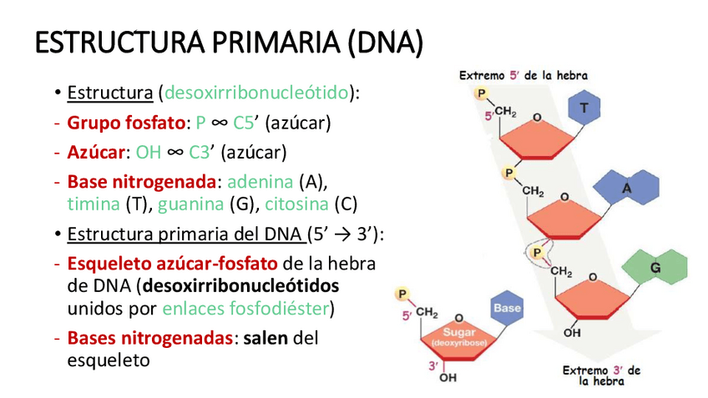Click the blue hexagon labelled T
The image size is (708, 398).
click(x=584, y=108)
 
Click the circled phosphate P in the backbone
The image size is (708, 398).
click(x=539, y=251)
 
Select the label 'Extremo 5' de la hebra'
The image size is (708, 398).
click(x=523, y=75)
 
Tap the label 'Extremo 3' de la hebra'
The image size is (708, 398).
click(x=601, y=375)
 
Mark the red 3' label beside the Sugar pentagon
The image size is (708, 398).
click(x=433, y=365)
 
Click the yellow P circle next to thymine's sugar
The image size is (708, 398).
click(x=482, y=93)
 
